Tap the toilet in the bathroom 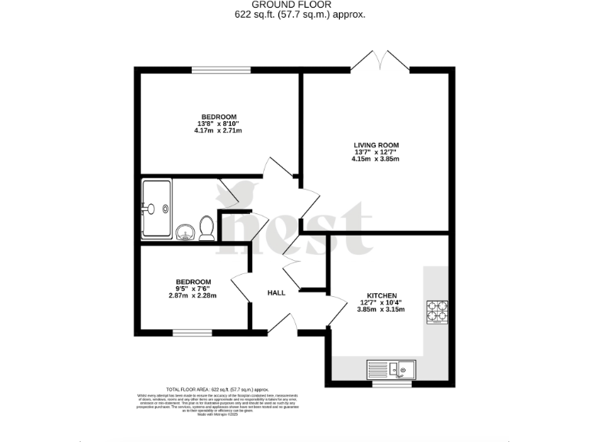[206, 228]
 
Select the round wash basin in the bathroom [185, 231]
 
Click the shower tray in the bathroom [156, 208]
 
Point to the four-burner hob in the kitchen [437, 311]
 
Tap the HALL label [276, 293]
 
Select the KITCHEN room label [381, 296]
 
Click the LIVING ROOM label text [376, 145]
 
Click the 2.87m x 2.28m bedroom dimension [192, 295]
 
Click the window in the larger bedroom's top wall [220, 71]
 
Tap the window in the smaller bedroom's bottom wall [187, 333]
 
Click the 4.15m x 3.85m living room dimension [376, 159]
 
